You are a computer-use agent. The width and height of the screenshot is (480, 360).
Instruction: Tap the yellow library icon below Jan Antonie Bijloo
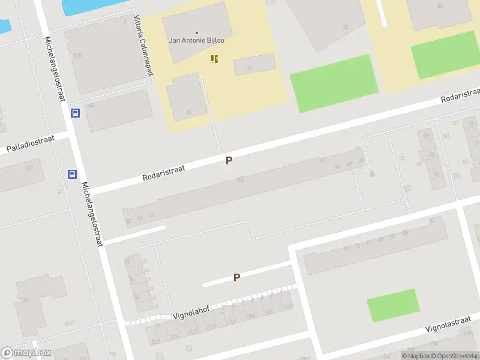(x=214, y=59)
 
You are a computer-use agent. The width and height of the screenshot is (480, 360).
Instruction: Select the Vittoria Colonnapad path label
(x=142, y=46)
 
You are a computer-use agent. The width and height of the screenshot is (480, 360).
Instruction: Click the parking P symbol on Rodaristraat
(x=229, y=160)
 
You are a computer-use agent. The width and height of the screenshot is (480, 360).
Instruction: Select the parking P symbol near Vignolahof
(x=236, y=277)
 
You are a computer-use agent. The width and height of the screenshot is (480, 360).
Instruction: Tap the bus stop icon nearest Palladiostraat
(x=72, y=175)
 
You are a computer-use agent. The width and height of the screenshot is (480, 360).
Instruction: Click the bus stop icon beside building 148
(x=75, y=113)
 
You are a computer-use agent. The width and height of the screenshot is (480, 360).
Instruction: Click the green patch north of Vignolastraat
(x=393, y=305)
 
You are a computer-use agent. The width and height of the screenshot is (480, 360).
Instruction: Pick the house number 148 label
(x=77, y=56)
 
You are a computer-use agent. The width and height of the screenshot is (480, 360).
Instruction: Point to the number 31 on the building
(x=248, y=68)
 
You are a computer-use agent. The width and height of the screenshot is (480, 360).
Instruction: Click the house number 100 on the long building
(x=241, y=180)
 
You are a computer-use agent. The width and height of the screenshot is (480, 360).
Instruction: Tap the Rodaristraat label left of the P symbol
(x=163, y=173)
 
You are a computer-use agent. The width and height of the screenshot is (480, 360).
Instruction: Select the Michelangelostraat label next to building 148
(x=53, y=69)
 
